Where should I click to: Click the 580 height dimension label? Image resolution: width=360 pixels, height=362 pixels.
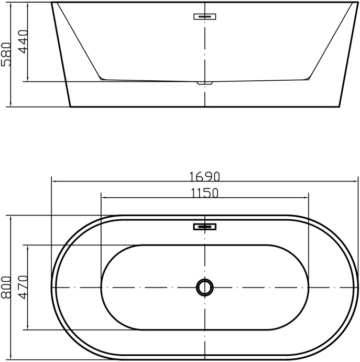pyautogui.click(x=7, y=55)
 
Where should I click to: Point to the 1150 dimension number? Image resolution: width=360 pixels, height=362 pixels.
pyautogui.click(x=204, y=193)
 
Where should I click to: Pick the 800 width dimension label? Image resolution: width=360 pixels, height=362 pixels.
pyautogui.click(x=6, y=287)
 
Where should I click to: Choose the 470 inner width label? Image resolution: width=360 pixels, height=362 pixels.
pyautogui.click(x=23, y=288)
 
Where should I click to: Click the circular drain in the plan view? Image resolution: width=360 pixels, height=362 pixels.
pyautogui.click(x=205, y=288)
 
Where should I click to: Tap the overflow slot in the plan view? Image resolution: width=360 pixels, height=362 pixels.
pyautogui.click(x=205, y=227)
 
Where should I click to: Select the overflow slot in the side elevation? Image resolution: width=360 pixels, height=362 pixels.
pyautogui.click(x=205, y=16)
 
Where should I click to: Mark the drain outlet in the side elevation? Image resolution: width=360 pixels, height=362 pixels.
pyautogui.click(x=205, y=83)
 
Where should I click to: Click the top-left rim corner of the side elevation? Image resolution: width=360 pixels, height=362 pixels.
pyautogui.click(x=51, y=2)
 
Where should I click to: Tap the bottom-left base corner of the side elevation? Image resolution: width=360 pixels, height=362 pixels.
pyautogui.click(x=70, y=107)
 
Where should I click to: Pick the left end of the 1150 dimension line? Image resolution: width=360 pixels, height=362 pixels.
pyautogui.click(x=101, y=198)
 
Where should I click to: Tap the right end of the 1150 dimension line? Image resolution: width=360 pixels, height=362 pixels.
pyautogui.click(x=309, y=198)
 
